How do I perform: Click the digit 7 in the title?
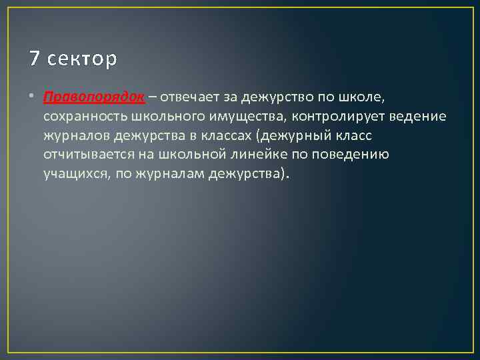(x=35, y=59)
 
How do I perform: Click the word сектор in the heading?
(x=83, y=59)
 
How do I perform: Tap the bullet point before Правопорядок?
(x=33, y=98)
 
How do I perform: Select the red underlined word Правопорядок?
(x=94, y=97)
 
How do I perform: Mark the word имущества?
(x=246, y=117)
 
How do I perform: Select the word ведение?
(x=414, y=117)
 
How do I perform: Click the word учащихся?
(x=73, y=175)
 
